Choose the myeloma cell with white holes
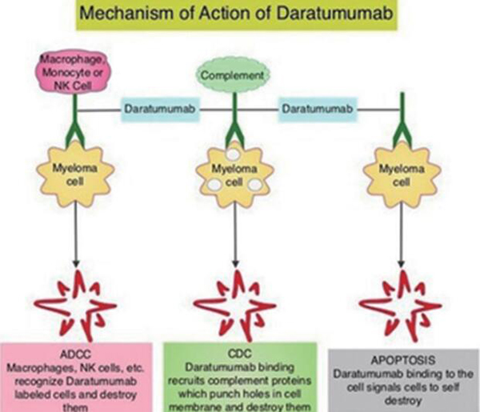235,174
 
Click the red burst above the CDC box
236,302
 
